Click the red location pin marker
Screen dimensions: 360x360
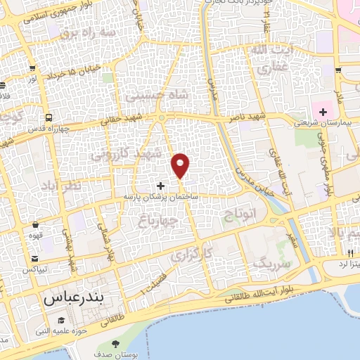tap(181, 165)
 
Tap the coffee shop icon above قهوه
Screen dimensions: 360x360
tap(34, 225)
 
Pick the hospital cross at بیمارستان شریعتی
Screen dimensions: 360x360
tap(323, 112)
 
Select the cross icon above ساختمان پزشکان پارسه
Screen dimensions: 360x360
tap(161, 186)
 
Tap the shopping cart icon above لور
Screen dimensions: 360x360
tap(33, 69)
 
